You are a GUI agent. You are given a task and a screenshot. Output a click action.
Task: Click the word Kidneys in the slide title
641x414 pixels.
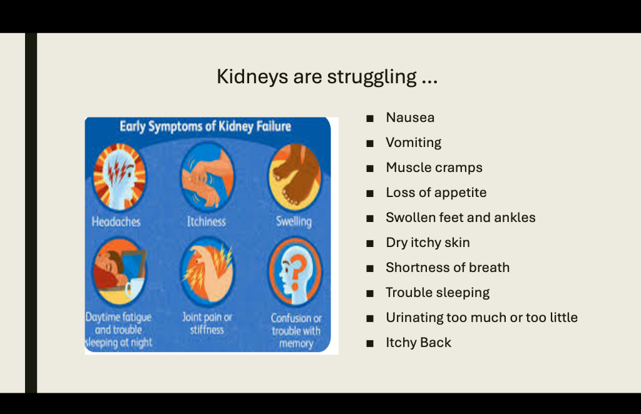[x=252, y=77]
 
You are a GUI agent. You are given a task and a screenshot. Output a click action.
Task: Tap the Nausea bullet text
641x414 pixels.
[x=410, y=118]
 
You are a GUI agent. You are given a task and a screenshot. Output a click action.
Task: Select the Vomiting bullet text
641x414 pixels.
[x=413, y=143]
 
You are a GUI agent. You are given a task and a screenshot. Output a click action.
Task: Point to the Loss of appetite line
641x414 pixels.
[x=436, y=192]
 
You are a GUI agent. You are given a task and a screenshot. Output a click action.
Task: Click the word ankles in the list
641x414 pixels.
[x=515, y=217]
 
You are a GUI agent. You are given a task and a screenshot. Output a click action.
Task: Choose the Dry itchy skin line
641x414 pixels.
[x=428, y=243]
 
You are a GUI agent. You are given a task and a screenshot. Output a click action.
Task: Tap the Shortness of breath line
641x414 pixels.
[x=448, y=268]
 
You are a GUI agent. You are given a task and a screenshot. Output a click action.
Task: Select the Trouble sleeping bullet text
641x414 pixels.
[x=438, y=293]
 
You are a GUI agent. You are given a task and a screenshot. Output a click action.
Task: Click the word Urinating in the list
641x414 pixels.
[x=414, y=318]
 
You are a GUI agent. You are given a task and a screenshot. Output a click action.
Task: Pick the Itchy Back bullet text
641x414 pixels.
[x=418, y=343]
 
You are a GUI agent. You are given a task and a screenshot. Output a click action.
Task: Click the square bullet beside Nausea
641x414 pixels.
[x=370, y=119]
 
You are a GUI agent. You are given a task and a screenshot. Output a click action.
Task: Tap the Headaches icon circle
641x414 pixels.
[x=119, y=177]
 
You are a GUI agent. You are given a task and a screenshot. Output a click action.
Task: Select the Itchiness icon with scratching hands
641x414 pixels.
[x=207, y=177]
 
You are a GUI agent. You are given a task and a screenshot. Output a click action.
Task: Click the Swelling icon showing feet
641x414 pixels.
[x=295, y=177]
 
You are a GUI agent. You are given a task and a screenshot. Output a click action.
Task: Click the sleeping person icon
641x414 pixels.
[x=119, y=271]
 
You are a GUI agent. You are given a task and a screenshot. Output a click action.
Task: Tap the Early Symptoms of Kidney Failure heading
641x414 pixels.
[x=205, y=126]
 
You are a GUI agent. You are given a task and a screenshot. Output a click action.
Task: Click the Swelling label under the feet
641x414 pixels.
[x=294, y=222]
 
